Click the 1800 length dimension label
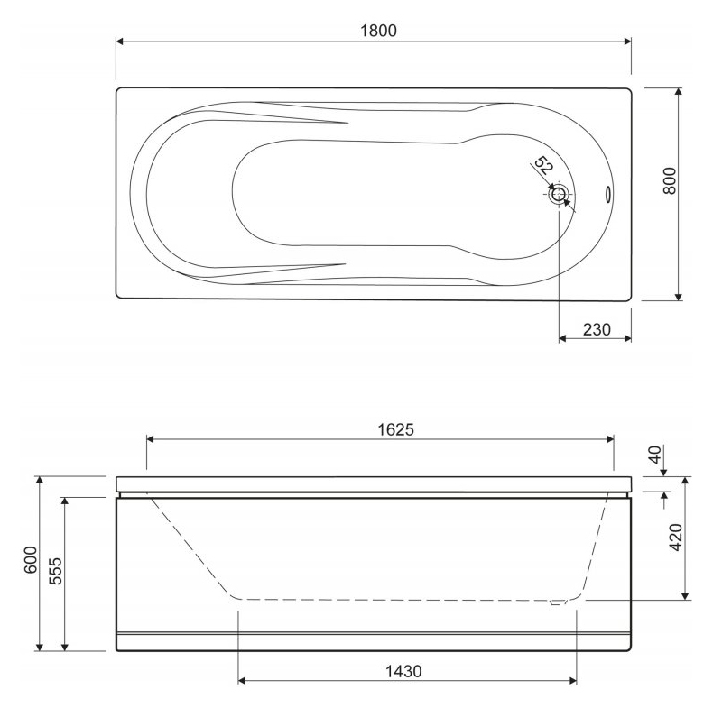378,31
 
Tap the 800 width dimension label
670,181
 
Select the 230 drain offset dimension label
597,329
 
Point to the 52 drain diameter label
543,165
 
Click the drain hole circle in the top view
559,195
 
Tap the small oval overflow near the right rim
607,194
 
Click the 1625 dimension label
396,429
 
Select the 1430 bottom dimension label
403,671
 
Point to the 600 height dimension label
31,560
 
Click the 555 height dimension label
55,571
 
